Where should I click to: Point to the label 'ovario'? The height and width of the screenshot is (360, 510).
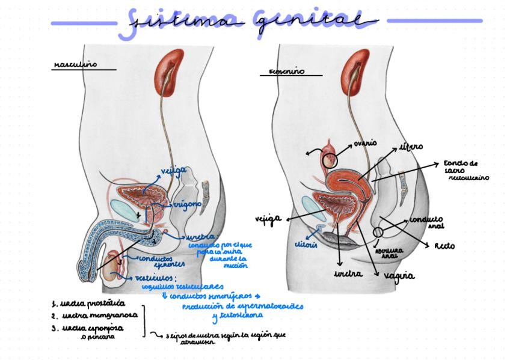pos(365,143)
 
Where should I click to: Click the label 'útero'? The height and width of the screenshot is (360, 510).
pos(412,146)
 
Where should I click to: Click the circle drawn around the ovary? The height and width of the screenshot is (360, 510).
pos(329,160)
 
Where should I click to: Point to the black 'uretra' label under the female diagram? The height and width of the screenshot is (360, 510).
pos(348,273)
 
